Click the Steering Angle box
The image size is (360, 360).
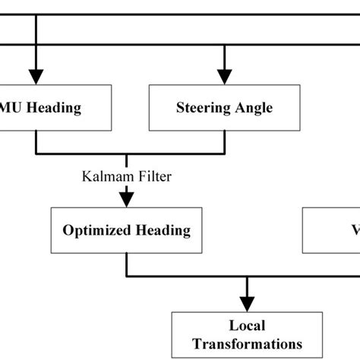[224, 108]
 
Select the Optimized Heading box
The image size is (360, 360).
[125, 230]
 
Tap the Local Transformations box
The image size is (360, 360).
[247, 335]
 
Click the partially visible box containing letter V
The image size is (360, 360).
[332, 230]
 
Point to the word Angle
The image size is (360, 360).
[254, 108]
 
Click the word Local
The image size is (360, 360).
[247, 327]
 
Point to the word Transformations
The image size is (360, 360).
[247, 343]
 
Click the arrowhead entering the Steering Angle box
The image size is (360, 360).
[224, 77]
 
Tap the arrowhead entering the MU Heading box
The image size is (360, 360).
[36, 77]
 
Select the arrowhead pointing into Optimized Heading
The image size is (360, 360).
[125, 200]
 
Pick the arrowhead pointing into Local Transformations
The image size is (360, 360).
[247, 304]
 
